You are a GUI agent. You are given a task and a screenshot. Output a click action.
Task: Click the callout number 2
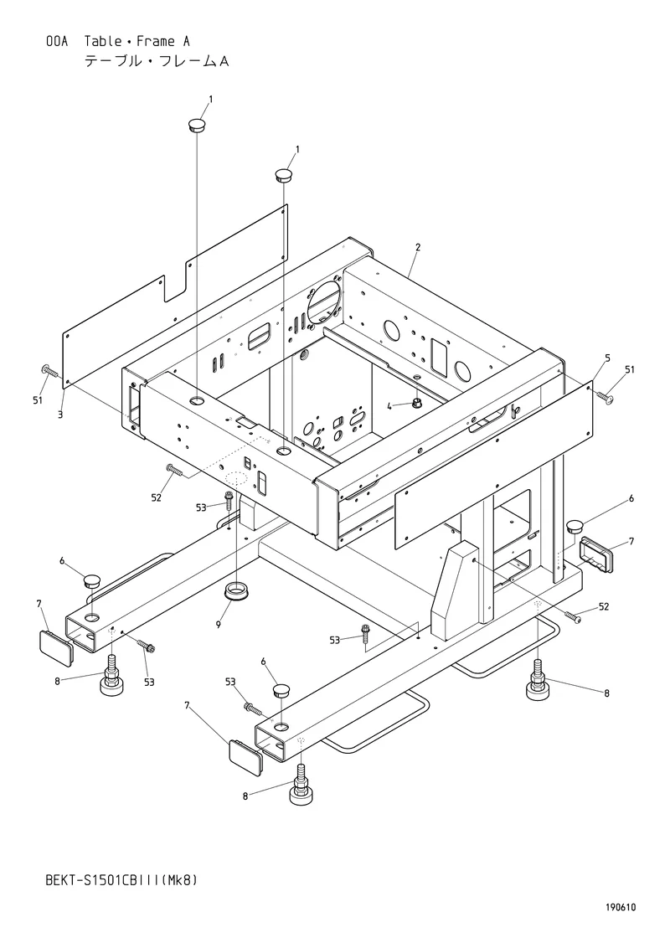[x=418, y=247]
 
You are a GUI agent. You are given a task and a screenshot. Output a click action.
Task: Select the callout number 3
[x=60, y=415]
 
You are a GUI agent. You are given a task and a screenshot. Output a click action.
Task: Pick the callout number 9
[x=219, y=623]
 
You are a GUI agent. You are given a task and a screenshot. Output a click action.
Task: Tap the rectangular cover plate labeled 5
[x=492, y=466]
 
